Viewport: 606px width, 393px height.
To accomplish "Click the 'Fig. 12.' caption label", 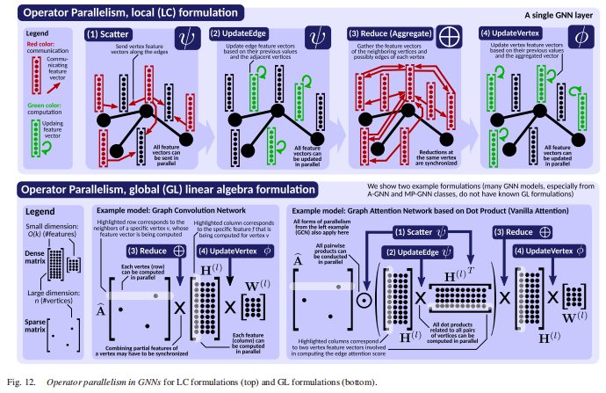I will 18,382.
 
